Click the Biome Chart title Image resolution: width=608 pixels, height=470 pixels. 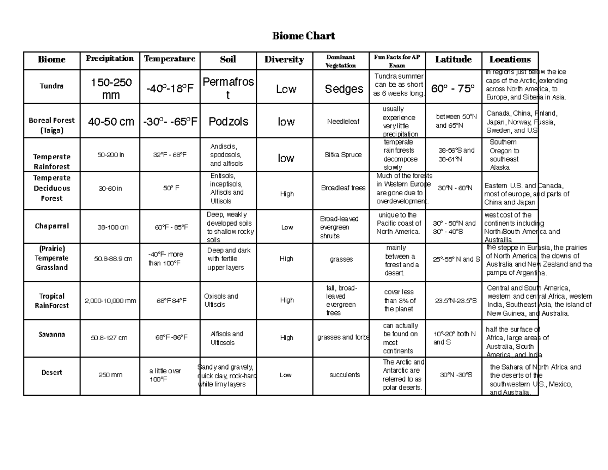tap(303, 36)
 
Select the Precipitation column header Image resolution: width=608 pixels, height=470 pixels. tap(109, 58)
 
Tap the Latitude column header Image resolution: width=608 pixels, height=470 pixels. tap(453, 60)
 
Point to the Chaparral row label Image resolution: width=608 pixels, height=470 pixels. tap(52, 226)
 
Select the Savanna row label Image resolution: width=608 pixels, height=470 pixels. tap(52, 335)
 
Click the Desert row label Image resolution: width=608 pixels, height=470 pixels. tap(52, 373)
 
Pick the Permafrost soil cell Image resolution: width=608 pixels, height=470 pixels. tap(228, 88)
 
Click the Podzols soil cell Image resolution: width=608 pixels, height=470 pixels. tap(229, 122)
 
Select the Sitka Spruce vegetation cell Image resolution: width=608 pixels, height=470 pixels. tap(343, 155)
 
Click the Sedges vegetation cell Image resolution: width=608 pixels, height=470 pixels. tap(344, 90)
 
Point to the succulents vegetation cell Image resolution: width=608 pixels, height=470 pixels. tap(345, 375)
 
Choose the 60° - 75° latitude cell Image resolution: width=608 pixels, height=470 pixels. tap(453, 89)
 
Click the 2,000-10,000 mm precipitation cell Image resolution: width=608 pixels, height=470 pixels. tap(110, 301)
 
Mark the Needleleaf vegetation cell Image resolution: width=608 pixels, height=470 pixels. tap(343, 122)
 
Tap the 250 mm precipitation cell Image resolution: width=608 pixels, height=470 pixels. tap(110, 375)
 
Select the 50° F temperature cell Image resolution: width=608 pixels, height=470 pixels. tap(171, 188)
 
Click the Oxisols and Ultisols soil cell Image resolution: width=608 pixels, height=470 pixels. tap(221, 300)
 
